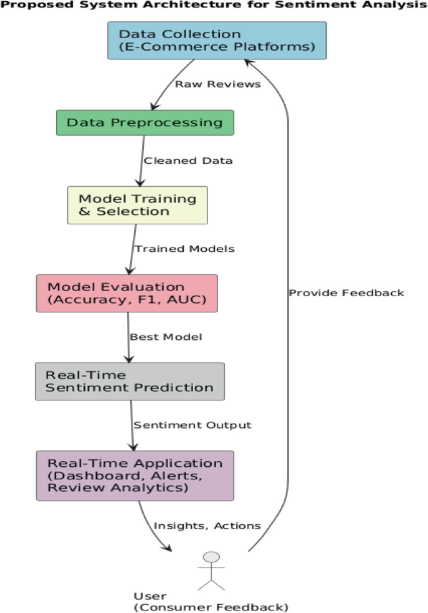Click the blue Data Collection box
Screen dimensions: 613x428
click(x=217, y=41)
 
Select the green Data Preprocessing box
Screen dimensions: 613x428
click(x=145, y=122)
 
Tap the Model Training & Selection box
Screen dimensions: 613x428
click(x=137, y=205)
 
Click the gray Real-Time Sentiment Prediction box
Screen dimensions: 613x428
click(x=129, y=381)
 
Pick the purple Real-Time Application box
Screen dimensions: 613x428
click(x=135, y=476)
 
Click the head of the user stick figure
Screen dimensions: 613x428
click(x=212, y=557)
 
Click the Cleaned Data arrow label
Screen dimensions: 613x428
click(x=188, y=161)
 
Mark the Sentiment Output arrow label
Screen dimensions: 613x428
click(x=192, y=425)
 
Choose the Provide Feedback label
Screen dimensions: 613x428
click(x=346, y=292)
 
